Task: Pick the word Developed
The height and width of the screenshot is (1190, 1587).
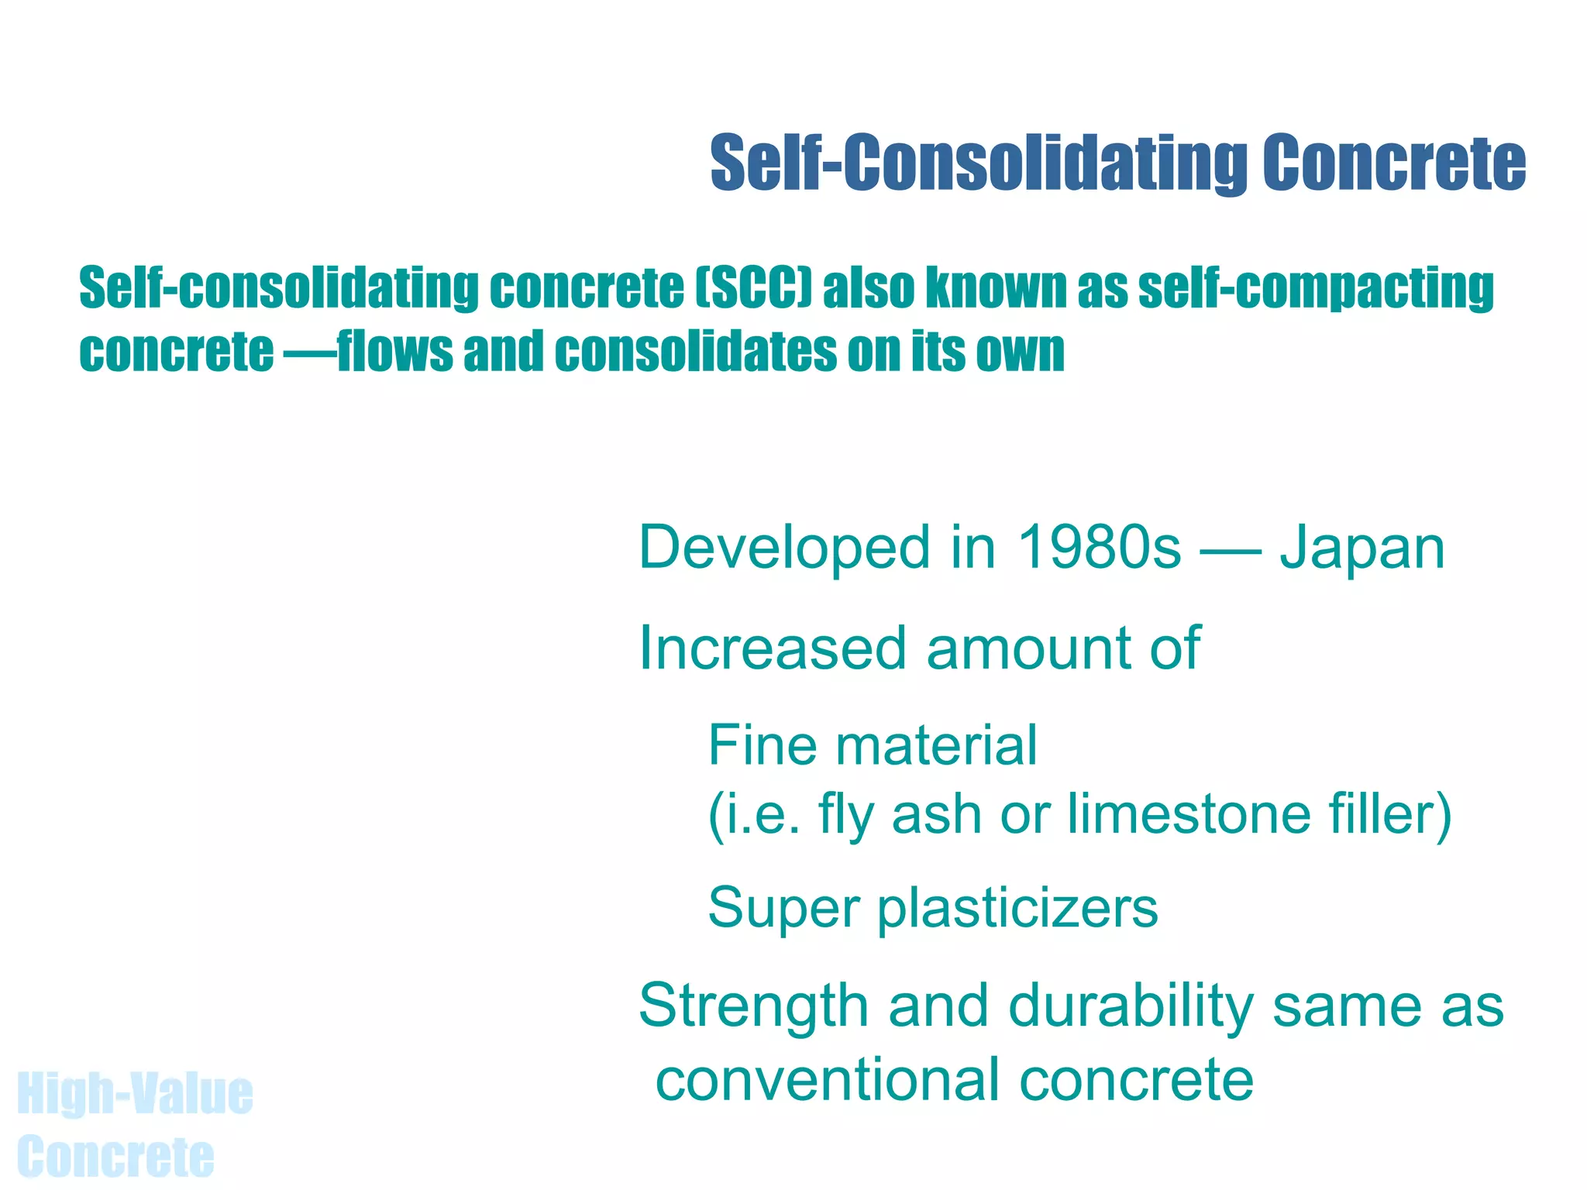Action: coord(783,548)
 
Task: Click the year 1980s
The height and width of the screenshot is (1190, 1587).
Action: coord(1099,548)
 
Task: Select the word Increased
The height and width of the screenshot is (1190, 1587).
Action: coord(773,648)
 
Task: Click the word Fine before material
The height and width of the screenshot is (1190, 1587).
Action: coord(763,745)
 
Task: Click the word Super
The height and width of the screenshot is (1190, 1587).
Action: coord(783,908)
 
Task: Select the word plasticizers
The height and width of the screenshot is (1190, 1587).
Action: coord(1018,908)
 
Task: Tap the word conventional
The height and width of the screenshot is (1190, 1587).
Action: coord(828,1080)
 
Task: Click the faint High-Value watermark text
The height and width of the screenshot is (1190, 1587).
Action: coord(135,1094)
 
